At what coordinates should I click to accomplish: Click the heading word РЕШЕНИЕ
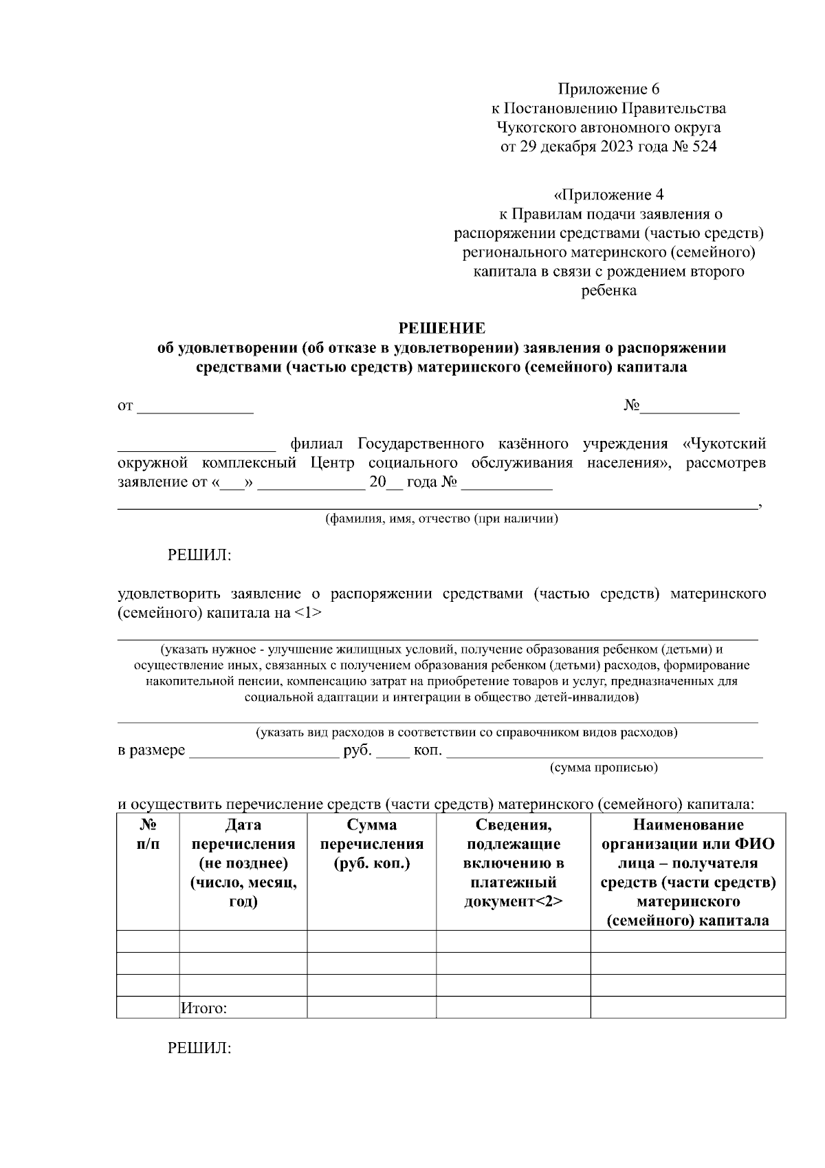tap(442, 328)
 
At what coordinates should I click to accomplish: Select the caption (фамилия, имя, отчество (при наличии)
tap(441, 519)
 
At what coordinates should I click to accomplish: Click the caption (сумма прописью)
tap(604, 767)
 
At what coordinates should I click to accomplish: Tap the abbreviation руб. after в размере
tap(357, 750)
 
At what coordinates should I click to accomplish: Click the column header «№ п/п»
tap(148, 834)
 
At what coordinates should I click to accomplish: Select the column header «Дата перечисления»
tap(243, 863)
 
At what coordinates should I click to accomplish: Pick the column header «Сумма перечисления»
tap(371, 843)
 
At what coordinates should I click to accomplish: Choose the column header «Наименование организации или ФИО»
tap(687, 872)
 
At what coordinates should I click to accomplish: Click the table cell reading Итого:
tap(203, 1008)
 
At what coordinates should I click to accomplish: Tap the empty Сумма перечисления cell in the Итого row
tap(371, 1008)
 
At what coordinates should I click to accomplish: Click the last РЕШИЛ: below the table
tap(199, 1048)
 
